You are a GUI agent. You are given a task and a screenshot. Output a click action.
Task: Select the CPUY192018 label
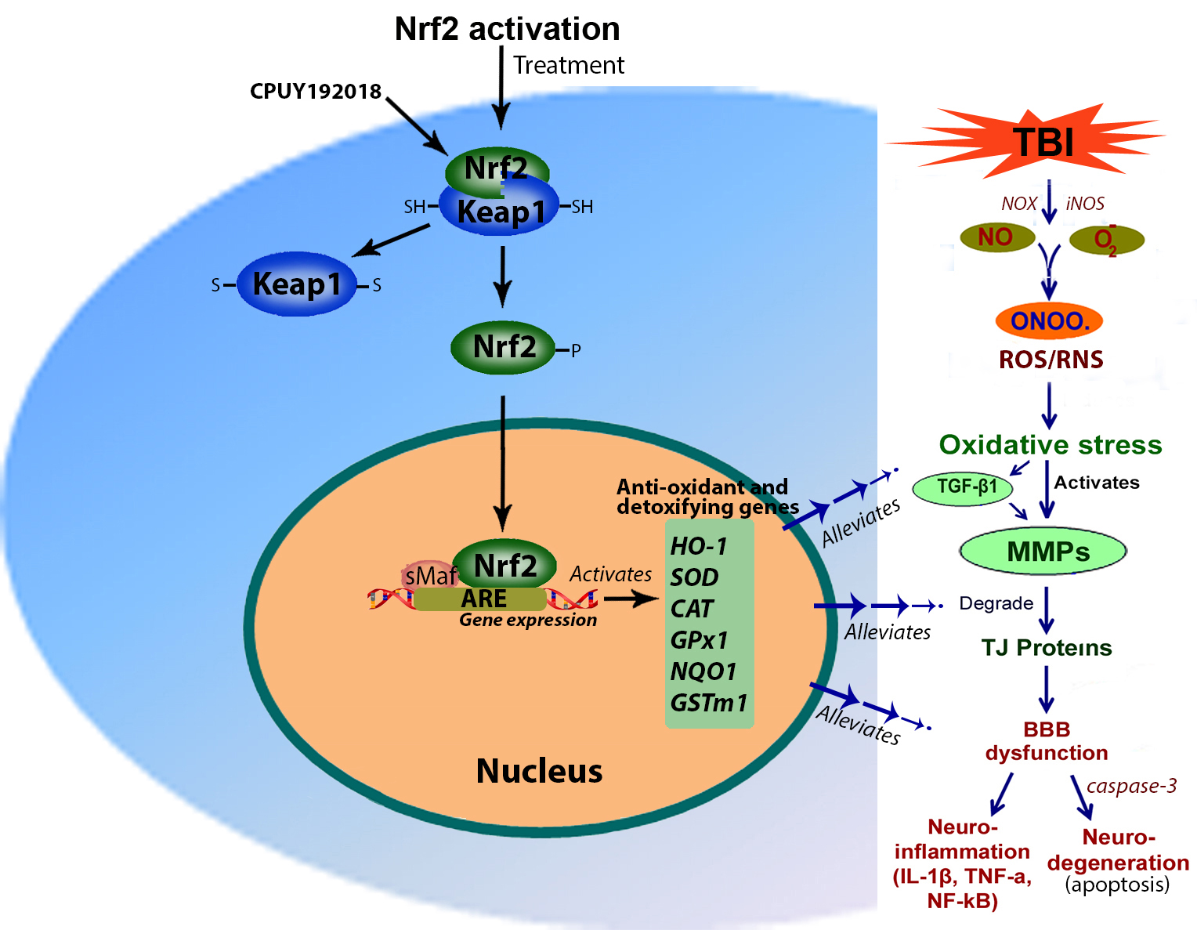click(x=315, y=92)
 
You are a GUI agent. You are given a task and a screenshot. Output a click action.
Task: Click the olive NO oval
click(x=996, y=237)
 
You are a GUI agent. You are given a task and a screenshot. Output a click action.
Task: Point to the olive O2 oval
click(x=1106, y=240)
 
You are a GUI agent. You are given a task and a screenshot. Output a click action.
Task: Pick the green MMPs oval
click(x=1043, y=552)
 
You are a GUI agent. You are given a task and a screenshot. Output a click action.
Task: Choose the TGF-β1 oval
click(x=967, y=487)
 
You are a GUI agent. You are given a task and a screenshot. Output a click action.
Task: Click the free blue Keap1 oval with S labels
click(x=297, y=284)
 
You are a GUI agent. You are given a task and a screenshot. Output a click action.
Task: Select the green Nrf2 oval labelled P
click(x=503, y=347)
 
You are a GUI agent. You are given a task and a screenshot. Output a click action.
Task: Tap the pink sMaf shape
click(x=428, y=576)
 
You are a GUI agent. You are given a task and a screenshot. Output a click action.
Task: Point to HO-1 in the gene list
click(x=699, y=546)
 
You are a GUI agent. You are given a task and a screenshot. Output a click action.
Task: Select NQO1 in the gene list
click(x=703, y=671)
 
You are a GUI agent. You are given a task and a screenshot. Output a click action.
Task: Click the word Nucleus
click(x=539, y=771)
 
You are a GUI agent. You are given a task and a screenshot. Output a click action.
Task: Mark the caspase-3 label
click(x=1131, y=786)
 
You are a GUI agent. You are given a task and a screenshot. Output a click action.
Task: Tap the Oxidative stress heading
click(x=1051, y=445)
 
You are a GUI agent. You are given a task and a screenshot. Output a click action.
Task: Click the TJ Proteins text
click(x=1047, y=648)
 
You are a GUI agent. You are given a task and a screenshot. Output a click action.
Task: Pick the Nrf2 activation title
click(x=507, y=29)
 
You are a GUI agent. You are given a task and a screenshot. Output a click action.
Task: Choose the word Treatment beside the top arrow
click(x=569, y=65)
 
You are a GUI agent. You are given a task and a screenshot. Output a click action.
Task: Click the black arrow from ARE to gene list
click(x=631, y=599)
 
